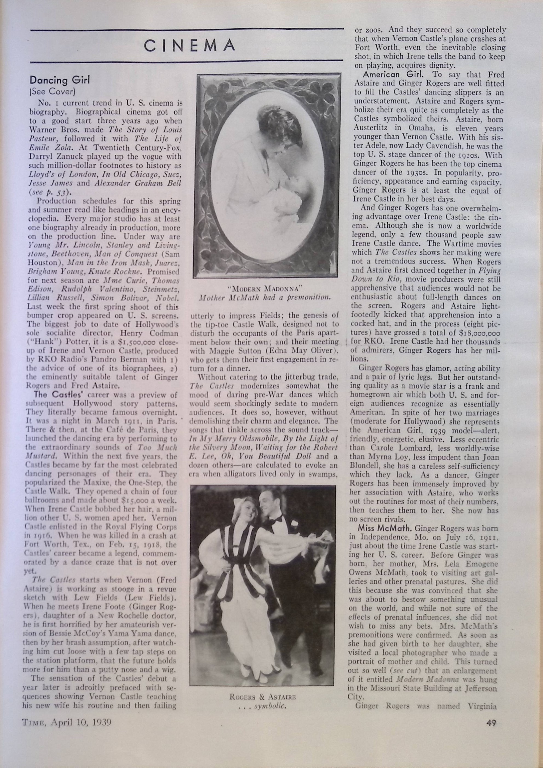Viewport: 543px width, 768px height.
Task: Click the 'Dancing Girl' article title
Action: click(x=60, y=80)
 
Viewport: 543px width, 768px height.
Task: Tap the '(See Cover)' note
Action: click(x=53, y=91)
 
